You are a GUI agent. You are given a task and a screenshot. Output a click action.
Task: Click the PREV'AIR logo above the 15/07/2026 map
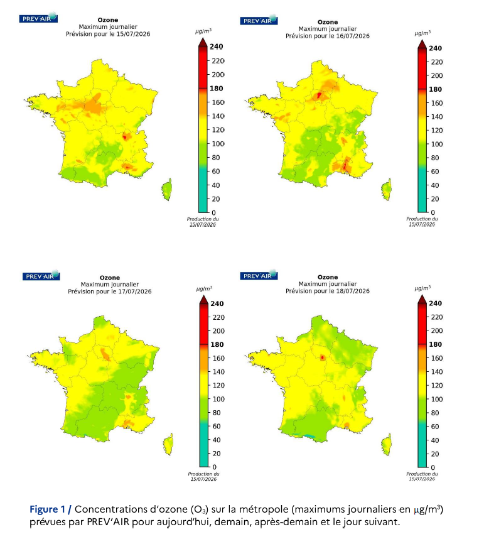pos(38,18)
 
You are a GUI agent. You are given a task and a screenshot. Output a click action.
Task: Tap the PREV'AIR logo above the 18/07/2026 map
pos(259,276)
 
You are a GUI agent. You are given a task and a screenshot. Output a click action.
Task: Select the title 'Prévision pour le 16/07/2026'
pos(328,36)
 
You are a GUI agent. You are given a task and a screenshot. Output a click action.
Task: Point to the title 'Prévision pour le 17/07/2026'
pos(110,291)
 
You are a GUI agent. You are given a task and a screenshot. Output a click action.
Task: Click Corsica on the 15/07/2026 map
pos(167,189)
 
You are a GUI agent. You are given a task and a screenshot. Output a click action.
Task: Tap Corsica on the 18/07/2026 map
pos(386,444)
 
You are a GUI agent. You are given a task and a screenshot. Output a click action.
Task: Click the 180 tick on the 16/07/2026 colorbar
pos(435,89)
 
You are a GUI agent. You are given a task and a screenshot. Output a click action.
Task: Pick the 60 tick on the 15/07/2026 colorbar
pos(216,172)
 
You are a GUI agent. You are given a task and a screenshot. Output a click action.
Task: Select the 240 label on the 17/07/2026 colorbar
pos(217,303)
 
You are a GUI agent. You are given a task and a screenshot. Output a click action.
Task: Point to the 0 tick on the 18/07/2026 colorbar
pos(433,467)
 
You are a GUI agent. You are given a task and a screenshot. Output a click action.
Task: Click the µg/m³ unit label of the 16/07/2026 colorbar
pos(422,33)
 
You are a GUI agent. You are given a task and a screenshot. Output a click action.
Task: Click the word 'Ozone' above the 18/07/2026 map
pos(328,277)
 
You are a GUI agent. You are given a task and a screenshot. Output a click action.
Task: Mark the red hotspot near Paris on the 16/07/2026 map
pos(320,95)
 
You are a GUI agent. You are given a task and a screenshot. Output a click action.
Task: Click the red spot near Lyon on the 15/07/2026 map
pos(124,137)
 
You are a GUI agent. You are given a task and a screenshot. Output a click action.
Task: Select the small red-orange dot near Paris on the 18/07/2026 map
pos(322,357)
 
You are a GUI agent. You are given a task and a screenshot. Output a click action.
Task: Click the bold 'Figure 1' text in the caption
pos(47,509)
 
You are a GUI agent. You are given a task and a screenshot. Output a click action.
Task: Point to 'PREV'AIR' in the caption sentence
pos(108,521)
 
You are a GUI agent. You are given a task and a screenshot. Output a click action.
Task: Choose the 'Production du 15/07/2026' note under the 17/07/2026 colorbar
pos(203,476)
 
